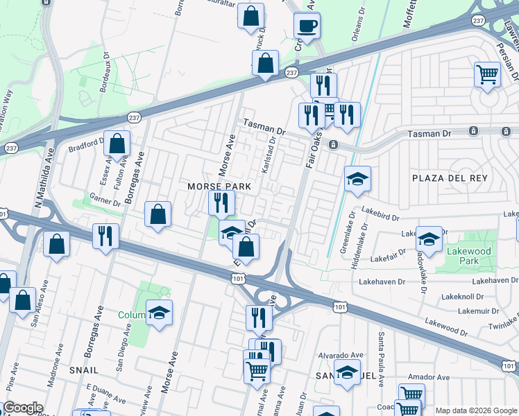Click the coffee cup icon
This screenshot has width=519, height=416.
pos(306,26)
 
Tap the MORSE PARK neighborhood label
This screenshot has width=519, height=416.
pos(219,187)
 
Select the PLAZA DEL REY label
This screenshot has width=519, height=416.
pos(450,178)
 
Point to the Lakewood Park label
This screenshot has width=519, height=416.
pos(470,256)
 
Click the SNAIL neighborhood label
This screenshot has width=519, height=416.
pos(83,371)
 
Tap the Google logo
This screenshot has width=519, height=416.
pos(23,408)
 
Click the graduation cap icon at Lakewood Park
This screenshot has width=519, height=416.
pos(429,240)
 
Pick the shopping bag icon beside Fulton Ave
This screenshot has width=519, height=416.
pos(118,144)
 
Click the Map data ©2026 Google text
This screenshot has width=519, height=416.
pos(476,410)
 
